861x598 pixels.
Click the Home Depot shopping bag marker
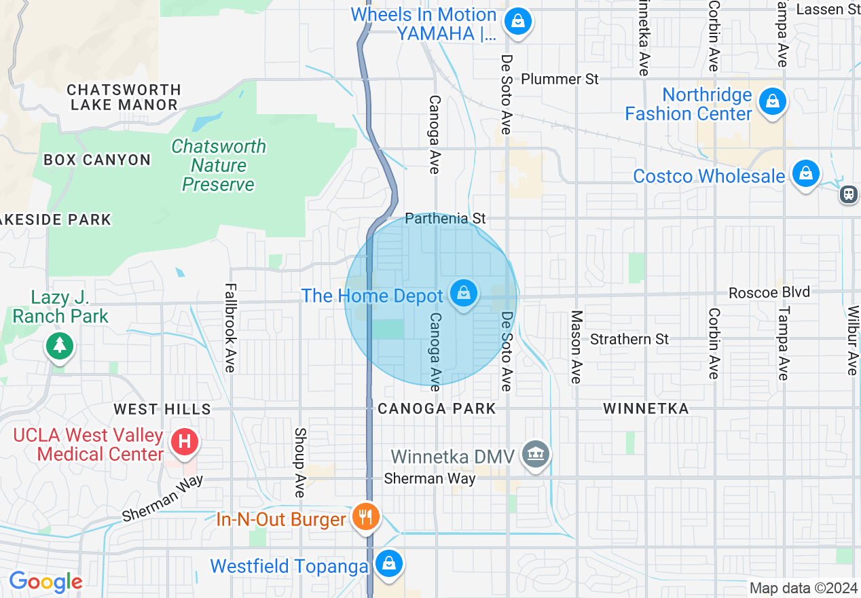pyautogui.click(x=464, y=294)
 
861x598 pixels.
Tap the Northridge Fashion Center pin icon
pyautogui.click(x=772, y=103)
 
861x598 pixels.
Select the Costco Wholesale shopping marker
pyautogui.click(x=805, y=173)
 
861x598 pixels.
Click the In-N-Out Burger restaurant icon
pyautogui.click(x=366, y=518)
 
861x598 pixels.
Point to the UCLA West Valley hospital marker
pyautogui.click(x=184, y=442)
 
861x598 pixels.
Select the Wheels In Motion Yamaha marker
pyautogui.click(x=518, y=21)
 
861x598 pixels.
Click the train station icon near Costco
pyautogui.click(x=848, y=194)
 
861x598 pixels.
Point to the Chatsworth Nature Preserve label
pyautogui.click(x=219, y=165)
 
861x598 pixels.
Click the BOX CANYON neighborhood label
pyautogui.click(x=97, y=160)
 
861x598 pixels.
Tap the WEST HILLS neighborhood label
pyautogui.click(x=162, y=409)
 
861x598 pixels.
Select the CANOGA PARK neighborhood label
pyautogui.click(x=437, y=408)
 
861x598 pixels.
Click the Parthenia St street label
pyautogui.click(x=445, y=218)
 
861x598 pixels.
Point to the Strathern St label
pyautogui.click(x=629, y=338)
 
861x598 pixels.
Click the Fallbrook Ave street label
pyautogui.click(x=230, y=328)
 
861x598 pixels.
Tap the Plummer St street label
pyautogui.click(x=560, y=79)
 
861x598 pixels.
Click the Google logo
pyautogui.click(x=45, y=582)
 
